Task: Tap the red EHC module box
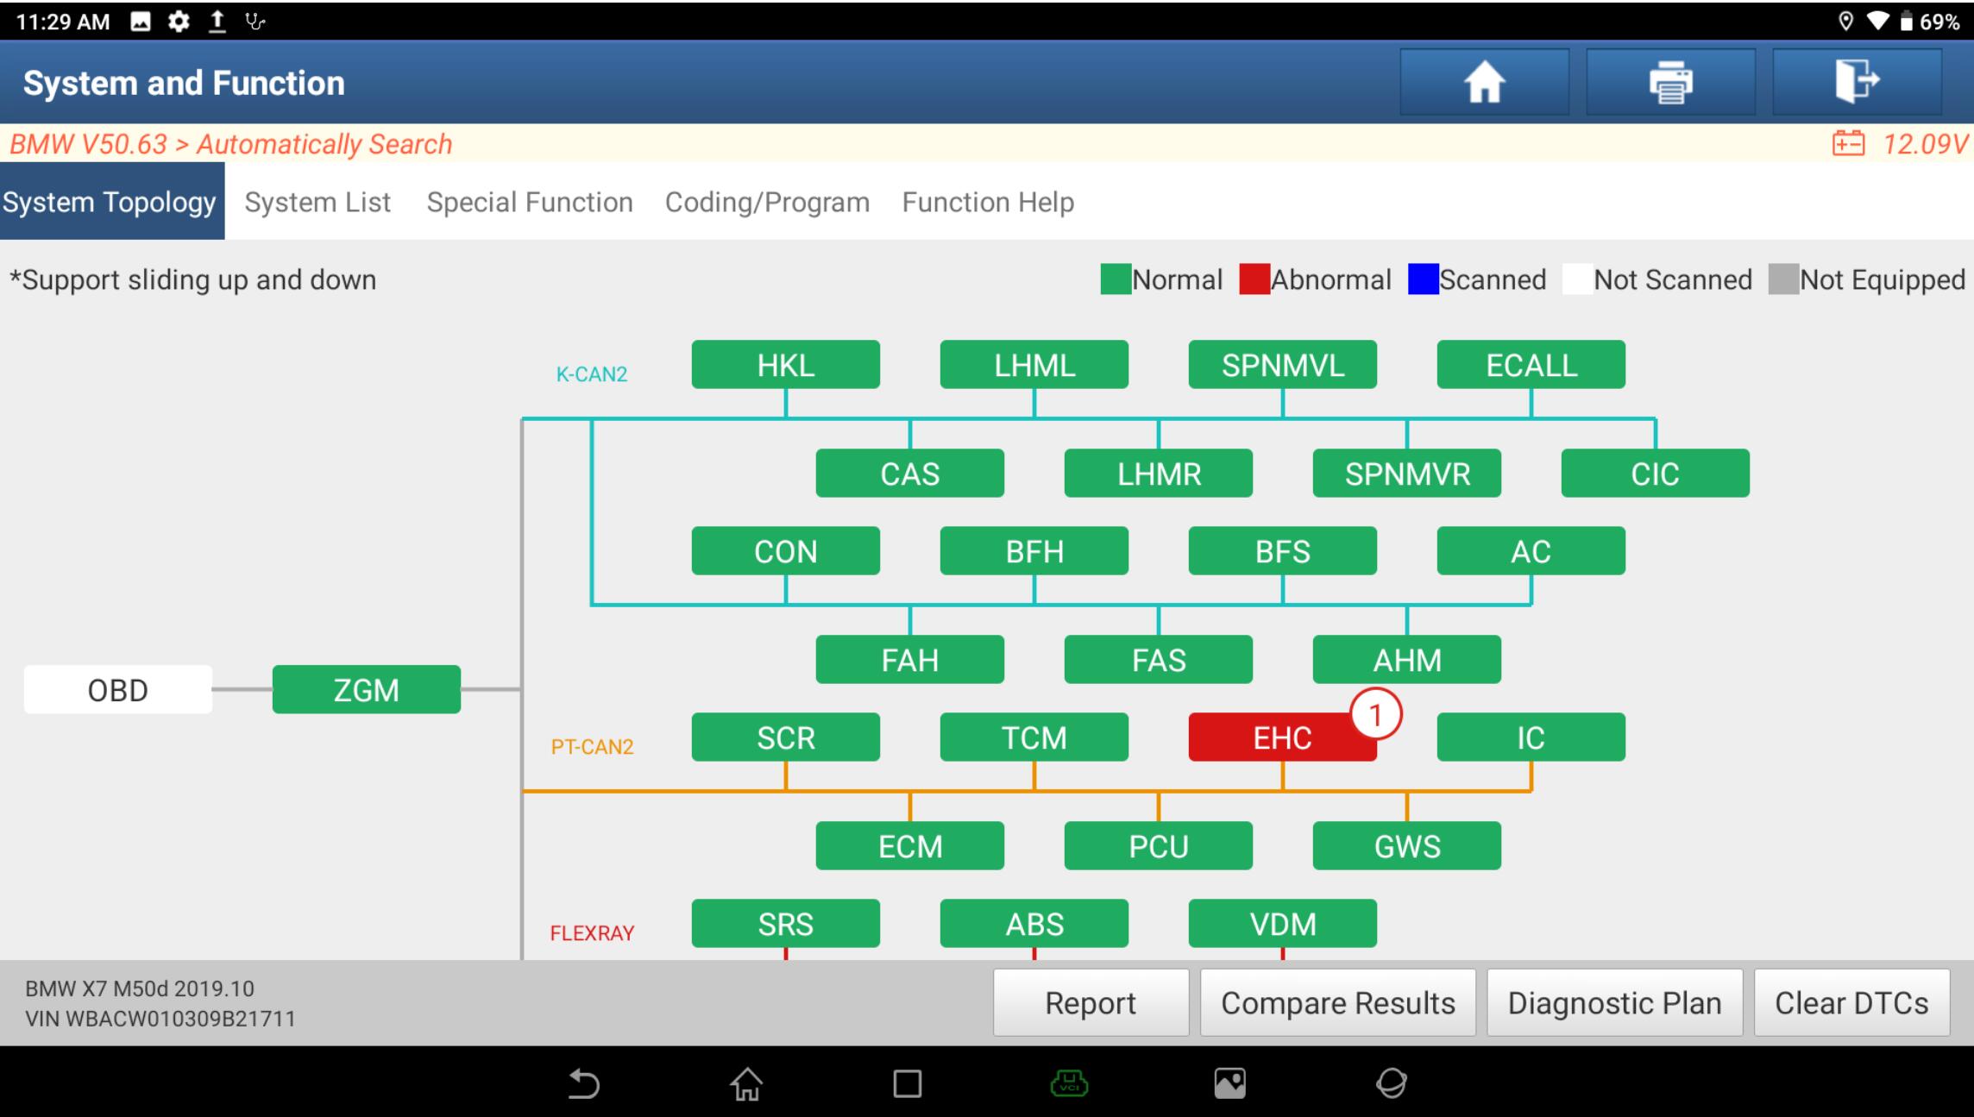click(1282, 737)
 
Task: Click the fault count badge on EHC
click(1375, 714)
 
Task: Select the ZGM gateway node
click(366, 689)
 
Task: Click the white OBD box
click(117, 689)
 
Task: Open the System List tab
click(317, 202)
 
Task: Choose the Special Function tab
click(530, 202)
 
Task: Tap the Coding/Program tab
click(767, 202)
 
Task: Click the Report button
click(1091, 1002)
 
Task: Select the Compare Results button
click(1338, 1002)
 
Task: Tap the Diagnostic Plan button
click(1614, 1002)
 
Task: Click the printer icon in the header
click(1670, 82)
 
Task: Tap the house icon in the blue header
click(1484, 83)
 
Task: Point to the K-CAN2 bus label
click(591, 374)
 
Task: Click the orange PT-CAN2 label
click(592, 747)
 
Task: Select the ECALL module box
click(1531, 364)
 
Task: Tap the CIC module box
click(1655, 473)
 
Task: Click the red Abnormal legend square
click(1254, 279)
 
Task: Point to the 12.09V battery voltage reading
click(1925, 143)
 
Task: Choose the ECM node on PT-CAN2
click(909, 845)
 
